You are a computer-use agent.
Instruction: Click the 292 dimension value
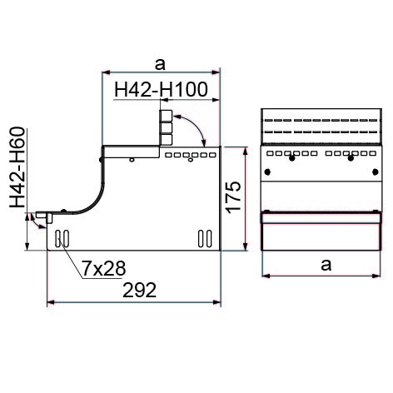click(139, 291)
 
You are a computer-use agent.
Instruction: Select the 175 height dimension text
click(232, 197)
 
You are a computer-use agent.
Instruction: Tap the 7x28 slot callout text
click(104, 268)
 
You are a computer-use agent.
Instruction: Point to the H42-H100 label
click(161, 89)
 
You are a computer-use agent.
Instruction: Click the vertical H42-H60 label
click(17, 167)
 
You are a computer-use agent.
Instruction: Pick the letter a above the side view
click(160, 64)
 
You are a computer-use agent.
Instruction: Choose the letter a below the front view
click(326, 265)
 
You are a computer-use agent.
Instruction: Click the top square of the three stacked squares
click(166, 116)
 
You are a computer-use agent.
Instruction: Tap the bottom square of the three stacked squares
click(166, 139)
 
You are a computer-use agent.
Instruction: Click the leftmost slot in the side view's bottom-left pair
click(58, 238)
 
